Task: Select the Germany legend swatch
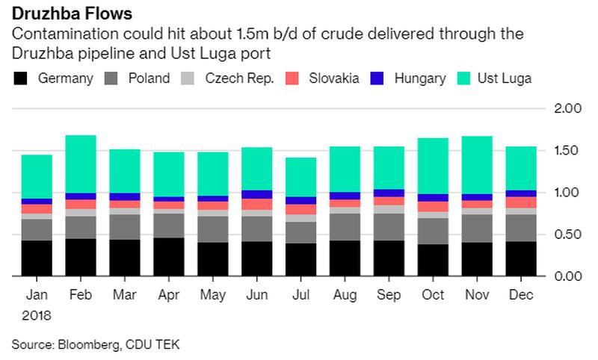pos(20,78)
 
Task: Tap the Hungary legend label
pos(420,78)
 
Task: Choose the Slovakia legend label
pos(334,78)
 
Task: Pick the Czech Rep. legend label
pos(239,78)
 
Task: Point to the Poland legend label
pos(149,78)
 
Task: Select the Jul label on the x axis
pos(300,296)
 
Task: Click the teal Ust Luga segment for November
pos(476,165)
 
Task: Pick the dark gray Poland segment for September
pos(388,227)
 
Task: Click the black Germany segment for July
pos(300,260)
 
